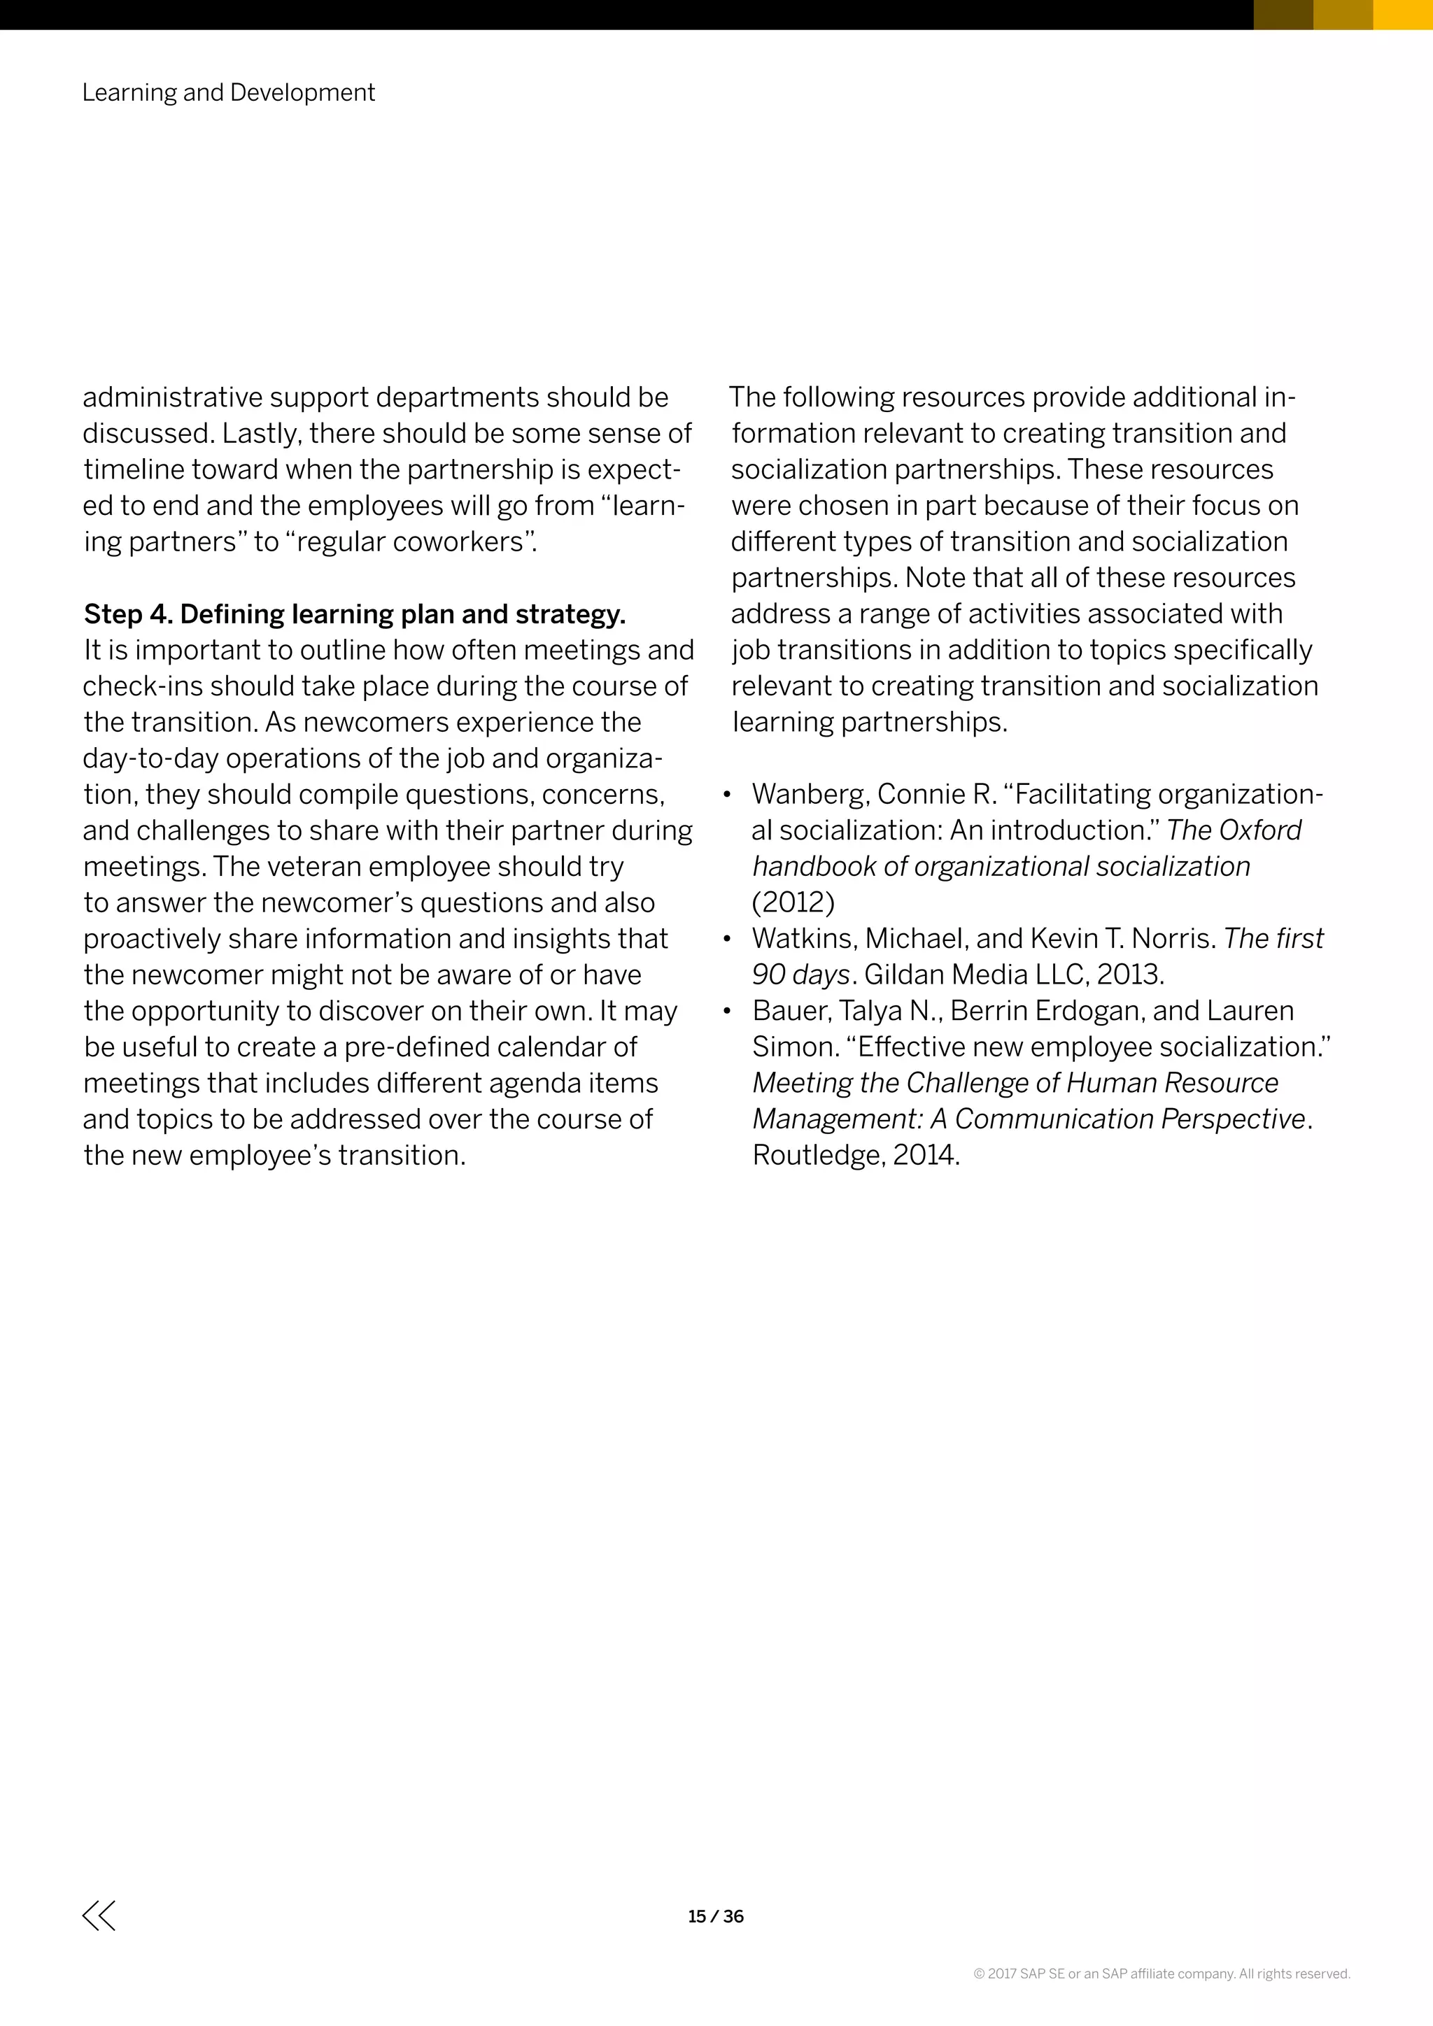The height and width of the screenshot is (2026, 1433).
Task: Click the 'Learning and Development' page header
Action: tap(229, 92)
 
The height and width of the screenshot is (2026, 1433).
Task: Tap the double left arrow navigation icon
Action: tap(99, 1915)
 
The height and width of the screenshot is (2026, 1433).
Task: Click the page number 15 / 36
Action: tap(716, 1915)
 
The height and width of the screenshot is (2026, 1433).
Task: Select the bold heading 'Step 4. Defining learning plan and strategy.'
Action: tap(355, 614)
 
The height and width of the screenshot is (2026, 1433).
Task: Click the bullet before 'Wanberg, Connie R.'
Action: tap(727, 795)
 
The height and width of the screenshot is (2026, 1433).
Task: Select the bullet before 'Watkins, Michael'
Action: tap(727, 940)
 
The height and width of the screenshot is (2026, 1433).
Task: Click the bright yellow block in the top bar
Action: tap(1402, 14)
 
